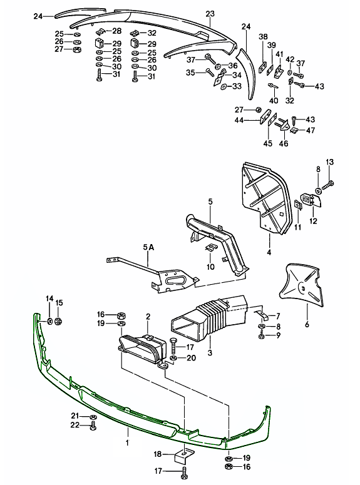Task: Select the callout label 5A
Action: (148, 248)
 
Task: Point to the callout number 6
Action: (307, 325)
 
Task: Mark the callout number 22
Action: (75, 426)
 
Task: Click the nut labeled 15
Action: (58, 322)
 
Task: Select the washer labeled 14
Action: (49, 322)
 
